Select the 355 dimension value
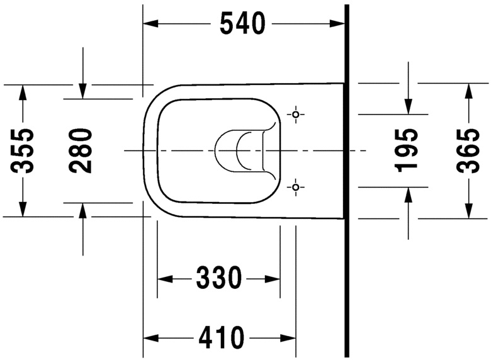pyautogui.click(x=23, y=150)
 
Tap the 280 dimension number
pyautogui.click(x=82, y=150)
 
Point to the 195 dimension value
pyautogui.click(x=408, y=150)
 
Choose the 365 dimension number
pyautogui.click(x=468, y=150)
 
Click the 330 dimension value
pyautogui.click(x=218, y=278)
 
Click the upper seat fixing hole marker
pyautogui.click(x=296, y=115)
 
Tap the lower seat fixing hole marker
pyautogui.click(x=296, y=187)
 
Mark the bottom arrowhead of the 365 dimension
pyautogui.click(x=468, y=211)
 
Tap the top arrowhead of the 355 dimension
pyautogui.click(x=23, y=92)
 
